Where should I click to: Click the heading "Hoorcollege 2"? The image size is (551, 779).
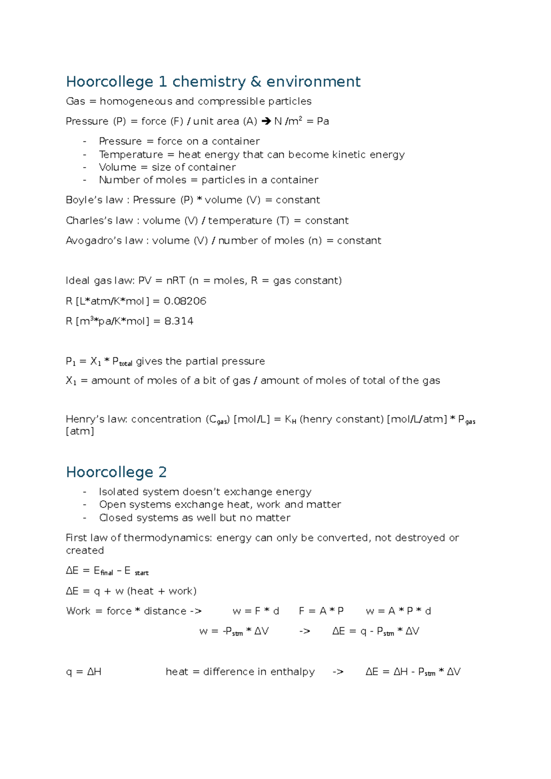[x=116, y=472]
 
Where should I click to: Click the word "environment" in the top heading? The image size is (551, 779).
[x=313, y=82]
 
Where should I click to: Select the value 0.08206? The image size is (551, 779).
[x=185, y=301]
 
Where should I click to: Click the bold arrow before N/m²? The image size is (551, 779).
[x=266, y=122]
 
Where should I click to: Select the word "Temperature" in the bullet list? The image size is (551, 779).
[x=124, y=155]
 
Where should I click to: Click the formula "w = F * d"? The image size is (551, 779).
[x=256, y=611]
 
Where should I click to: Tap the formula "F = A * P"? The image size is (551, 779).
[x=321, y=611]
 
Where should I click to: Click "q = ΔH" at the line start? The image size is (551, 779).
[x=84, y=672]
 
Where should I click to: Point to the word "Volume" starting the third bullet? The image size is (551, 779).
[x=118, y=168]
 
